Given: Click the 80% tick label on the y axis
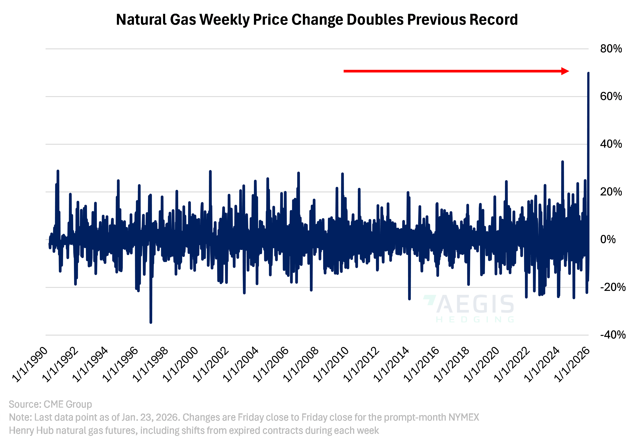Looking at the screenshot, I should click(x=611, y=49).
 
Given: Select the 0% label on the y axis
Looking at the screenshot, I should click(x=608, y=239).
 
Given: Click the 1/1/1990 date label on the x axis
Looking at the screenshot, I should click(x=30, y=365).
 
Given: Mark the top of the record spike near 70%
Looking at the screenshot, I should click(x=588, y=73).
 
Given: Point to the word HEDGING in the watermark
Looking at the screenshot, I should click(x=475, y=320).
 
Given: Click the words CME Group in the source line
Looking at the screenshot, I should click(x=68, y=404).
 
